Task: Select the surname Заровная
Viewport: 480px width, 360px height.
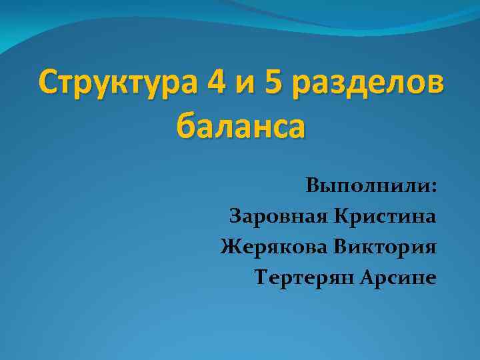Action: click(279, 216)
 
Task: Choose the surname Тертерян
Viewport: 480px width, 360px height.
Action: click(303, 277)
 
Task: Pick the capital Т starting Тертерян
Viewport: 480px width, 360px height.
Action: click(261, 277)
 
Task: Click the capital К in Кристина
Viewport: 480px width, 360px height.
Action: click(341, 216)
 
